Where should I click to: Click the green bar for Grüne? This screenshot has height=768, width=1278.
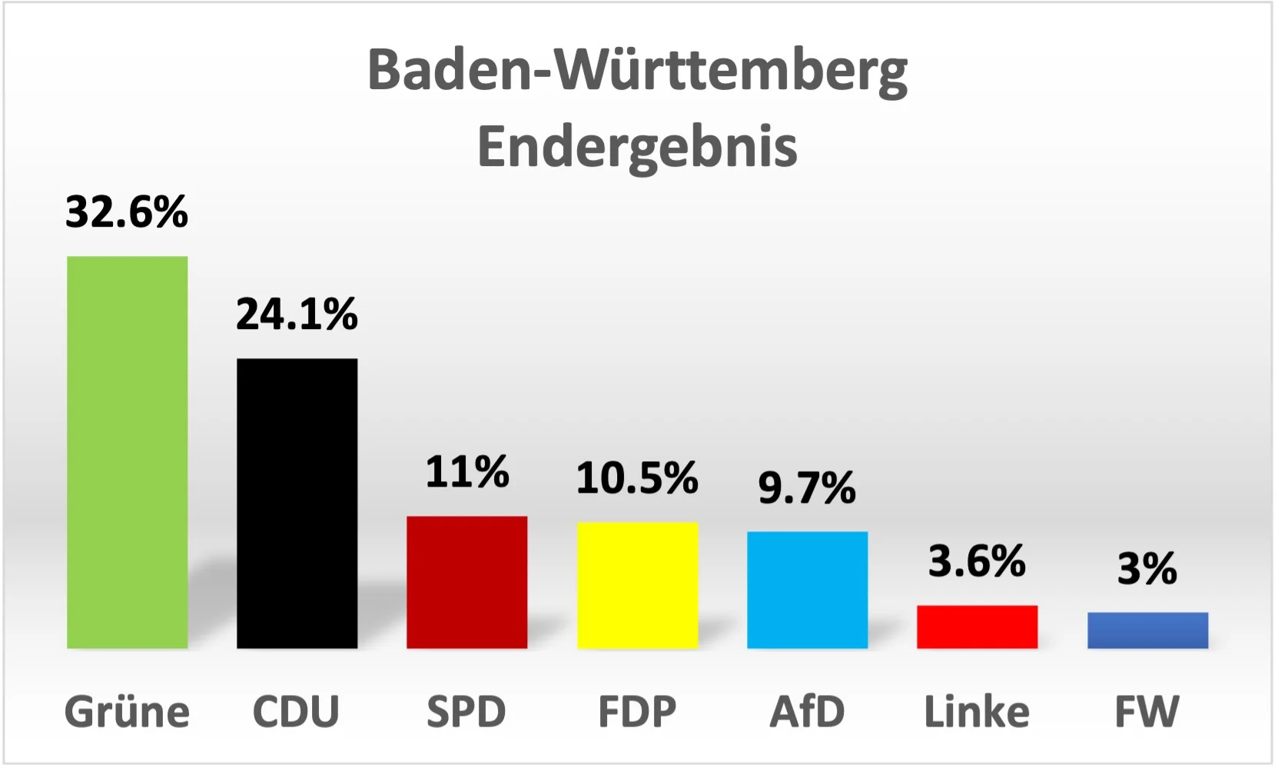[x=127, y=452]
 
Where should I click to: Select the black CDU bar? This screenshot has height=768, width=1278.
[x=297, y=504]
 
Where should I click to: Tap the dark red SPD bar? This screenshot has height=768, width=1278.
[x=466, y=582]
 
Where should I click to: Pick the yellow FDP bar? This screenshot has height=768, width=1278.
[x=637, y=585]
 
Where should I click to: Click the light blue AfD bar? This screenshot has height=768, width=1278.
[x=807, y=590]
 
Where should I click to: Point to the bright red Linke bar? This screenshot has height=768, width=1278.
[x=977, y=627]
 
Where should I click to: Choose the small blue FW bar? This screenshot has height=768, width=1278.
[x=1147, y=630]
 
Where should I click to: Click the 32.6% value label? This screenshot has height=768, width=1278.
[x=127, y=211]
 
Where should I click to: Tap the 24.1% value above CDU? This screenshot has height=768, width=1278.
[x=297, y=314]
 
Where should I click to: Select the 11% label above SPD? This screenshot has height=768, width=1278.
[x=466, y=471]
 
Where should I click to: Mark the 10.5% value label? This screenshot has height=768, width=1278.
[x=637, y=477]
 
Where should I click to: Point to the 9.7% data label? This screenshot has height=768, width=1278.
[x=807, y=487]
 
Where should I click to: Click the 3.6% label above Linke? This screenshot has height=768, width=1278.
[x=977, y=560]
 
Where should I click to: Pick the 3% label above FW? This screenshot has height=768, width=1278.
[x=1147, y=568]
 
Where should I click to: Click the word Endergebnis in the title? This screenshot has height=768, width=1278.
[x=637, y=146]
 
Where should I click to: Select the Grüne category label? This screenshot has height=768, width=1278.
[x=127, y=711]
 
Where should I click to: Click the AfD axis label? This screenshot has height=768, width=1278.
[x=807, y=711]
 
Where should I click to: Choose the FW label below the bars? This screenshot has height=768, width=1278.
[x=1147, y=711]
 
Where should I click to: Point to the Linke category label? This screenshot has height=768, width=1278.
[x=977, y=711]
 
